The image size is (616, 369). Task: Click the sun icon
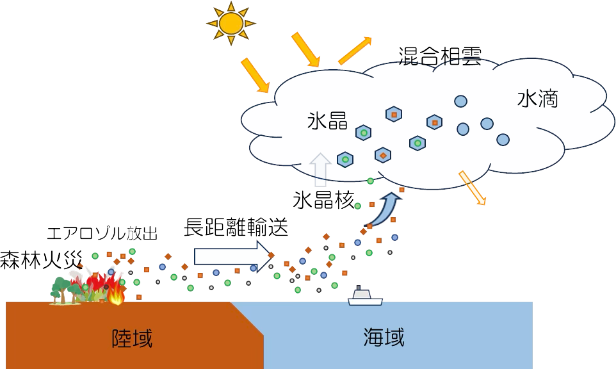[231, 24]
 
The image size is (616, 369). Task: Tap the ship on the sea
[365, 297]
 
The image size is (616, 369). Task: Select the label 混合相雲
[440, 56]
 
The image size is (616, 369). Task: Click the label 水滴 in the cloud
[537, 99]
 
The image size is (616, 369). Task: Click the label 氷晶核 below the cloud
[324, 200]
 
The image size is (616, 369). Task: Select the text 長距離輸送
[236, 227]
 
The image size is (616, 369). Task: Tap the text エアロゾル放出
[102, 233]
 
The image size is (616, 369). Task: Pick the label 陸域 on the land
[132, 338]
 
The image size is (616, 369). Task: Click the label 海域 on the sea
[384, 338]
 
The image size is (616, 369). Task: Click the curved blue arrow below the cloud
[385, 209]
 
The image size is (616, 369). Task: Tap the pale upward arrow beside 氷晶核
[321, 170]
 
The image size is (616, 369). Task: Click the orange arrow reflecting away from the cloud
[355, 51]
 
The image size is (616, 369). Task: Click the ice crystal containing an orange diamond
[383, 156]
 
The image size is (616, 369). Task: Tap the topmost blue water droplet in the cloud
[460, 101]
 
